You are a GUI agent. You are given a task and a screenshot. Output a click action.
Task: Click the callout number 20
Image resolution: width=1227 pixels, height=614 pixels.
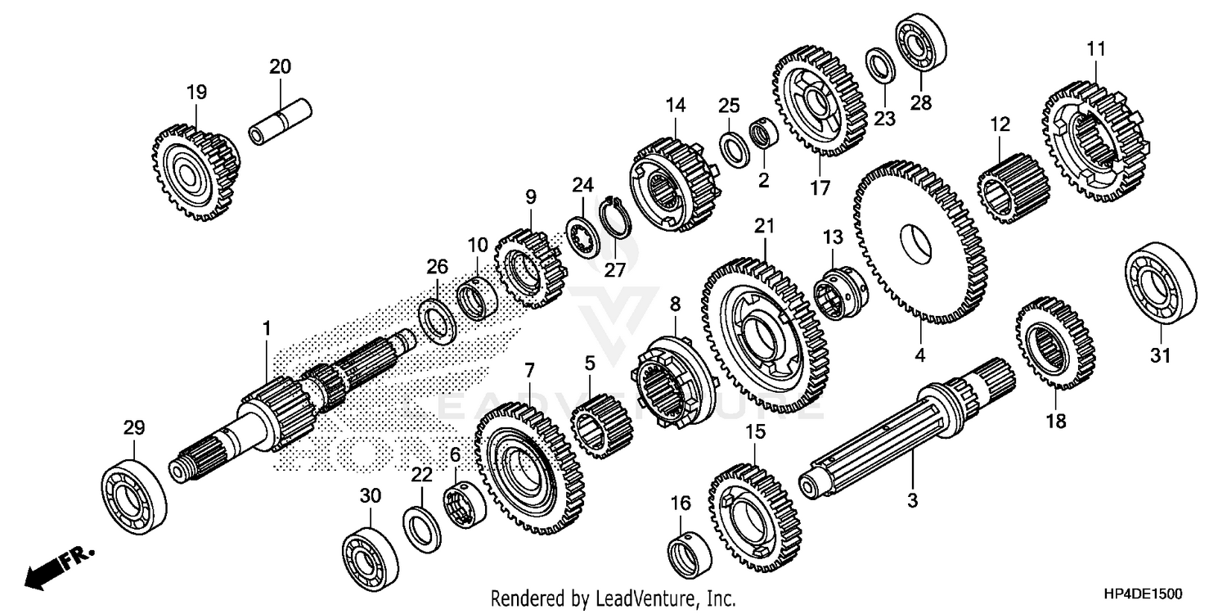[280, 67]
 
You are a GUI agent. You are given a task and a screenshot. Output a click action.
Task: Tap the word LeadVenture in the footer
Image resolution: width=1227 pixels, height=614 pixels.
[645, 598]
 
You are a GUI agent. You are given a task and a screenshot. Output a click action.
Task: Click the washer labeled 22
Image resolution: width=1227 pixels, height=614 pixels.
[421, 528]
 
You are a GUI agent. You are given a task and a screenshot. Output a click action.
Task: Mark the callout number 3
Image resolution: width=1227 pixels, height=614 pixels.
[913, 499]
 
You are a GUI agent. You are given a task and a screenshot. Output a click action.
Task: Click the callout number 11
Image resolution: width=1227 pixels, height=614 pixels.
[1095, 50]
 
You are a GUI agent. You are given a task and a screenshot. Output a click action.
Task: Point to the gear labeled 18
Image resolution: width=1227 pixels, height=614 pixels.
[1055, 342]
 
